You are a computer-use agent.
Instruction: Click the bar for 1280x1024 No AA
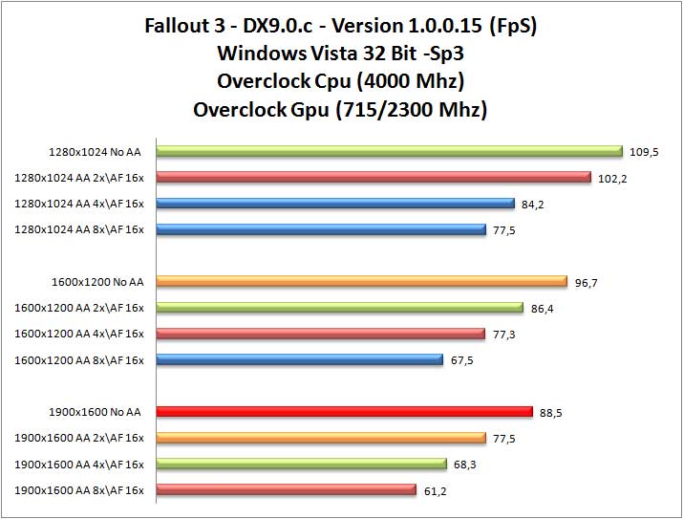pyautogui.click(x=389, y=150)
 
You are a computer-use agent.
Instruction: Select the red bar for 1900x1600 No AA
pyautogui.click(x=344, y=412)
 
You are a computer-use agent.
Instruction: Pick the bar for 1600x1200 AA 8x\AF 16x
pyautogui.click(x=299, y=359)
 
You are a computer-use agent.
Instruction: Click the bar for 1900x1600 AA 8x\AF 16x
pyautogui.click(x=286, y=490)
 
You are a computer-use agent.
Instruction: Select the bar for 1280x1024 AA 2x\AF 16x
pyautogui.click(x=374, y=177)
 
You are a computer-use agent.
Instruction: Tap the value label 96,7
pyautogui.click(x=586, y=282)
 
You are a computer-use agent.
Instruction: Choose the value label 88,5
pyautogui.click(x=549, y=413)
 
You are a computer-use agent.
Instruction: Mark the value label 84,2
pyautogui.click(x=532, y=204)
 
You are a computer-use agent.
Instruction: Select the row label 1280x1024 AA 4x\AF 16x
pyautogui.click(x=79, y=204)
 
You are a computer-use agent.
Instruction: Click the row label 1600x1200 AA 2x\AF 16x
pyautogui.click(x=79, y=308)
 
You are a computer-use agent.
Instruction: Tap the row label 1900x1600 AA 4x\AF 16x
pyautogui.click(x=79, y=465)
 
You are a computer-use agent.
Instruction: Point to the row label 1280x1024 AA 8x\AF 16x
pyautogui.click(x=79, y=229)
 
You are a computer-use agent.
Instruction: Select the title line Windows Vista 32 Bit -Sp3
pyautogui.click(x=340, y=52)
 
